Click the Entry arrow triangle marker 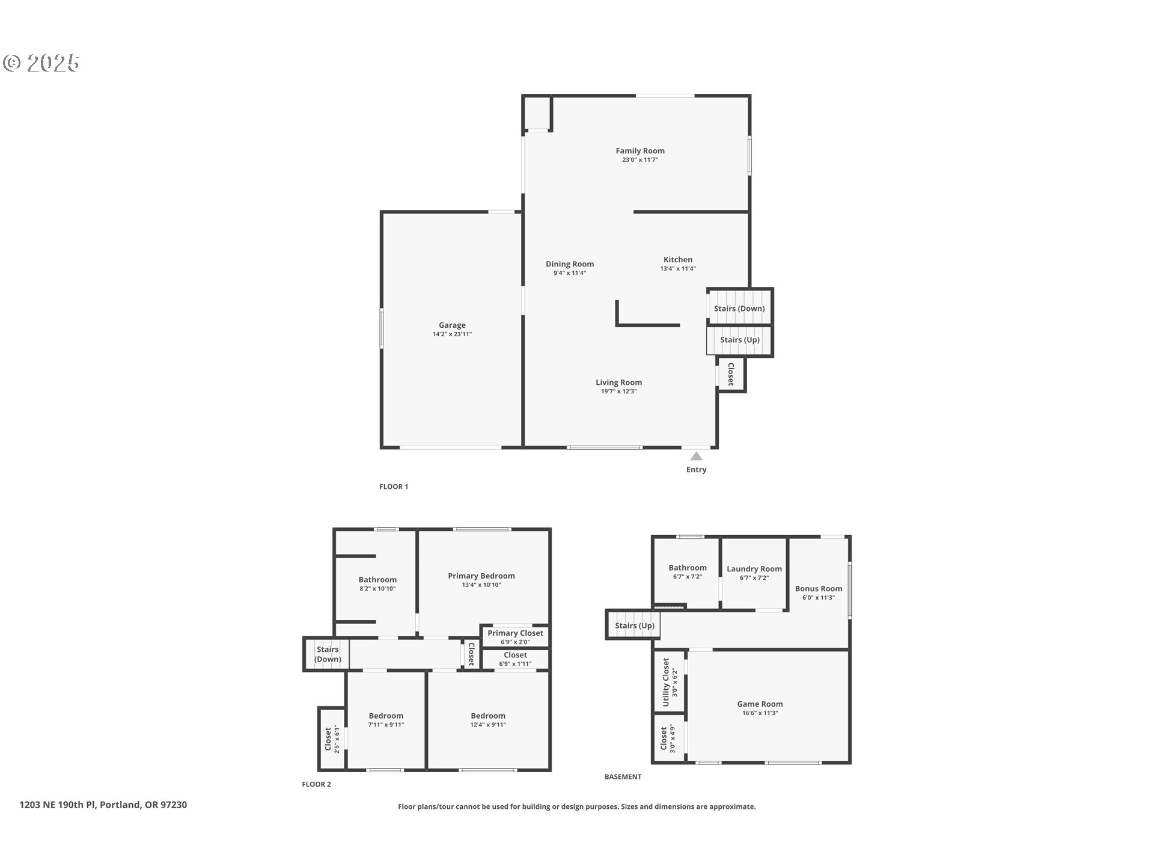(696, 456)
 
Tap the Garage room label (452, 325)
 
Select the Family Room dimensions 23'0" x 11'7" (640, 160)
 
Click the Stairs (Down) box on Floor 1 (739, 309)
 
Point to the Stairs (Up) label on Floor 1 (740, 340)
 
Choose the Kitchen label (677, 260)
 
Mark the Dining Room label (570, 264)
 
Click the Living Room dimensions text (618, 392)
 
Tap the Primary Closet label (515, 633)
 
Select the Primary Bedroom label (481, 576)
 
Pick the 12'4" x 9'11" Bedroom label (488, 716)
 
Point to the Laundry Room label (754, 569)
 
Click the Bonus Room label (818, 589)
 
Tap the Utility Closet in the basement (669, 682)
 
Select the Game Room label (760, 704)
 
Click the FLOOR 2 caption (316, 784)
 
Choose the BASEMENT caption (623, 777)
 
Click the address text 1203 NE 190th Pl (103, 805)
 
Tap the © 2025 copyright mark (41, 63)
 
